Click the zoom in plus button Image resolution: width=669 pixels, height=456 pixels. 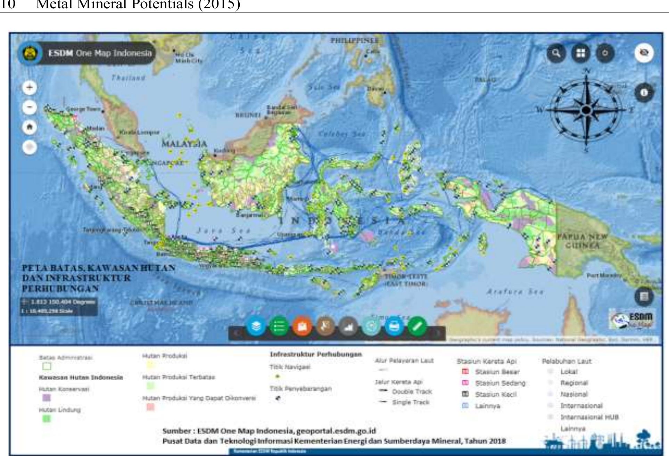[x=30, y=87]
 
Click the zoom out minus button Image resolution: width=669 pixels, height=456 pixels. [x=30, y=107]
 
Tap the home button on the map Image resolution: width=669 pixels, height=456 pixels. [x=30, y=127]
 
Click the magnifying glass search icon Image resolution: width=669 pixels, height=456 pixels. [x=556, y=53]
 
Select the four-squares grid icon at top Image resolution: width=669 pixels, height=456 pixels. [x=581, y=53]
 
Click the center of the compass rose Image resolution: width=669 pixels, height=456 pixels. [x=586, y=110]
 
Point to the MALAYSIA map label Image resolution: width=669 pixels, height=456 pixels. [x=184, y=144]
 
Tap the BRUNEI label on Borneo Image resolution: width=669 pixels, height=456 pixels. [x=248, y=115]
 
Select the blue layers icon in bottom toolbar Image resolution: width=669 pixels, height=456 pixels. [x=256, y=326]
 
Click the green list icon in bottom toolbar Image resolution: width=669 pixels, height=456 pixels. [x=279, y=326]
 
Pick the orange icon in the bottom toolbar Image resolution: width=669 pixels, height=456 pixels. [x=302, y=326]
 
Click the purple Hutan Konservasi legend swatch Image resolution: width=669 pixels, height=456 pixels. [x=46, y=398]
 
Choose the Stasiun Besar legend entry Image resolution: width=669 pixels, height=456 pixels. [x=497, y=372]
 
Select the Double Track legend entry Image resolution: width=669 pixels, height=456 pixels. [x=412, y=391]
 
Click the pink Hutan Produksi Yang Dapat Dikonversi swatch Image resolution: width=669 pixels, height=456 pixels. [x=150, y=407]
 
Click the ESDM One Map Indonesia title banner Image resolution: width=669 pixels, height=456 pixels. [x=99, y=53]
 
